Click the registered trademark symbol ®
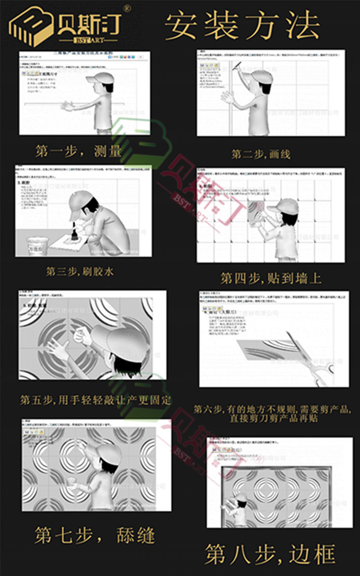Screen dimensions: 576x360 tap(127, 8)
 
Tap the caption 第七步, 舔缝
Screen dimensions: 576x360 tap(94, 535)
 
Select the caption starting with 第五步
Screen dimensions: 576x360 tap(95, 399)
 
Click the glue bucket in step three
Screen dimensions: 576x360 tap(37, 245)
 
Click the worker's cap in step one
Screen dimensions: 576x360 tap(100, 78)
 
